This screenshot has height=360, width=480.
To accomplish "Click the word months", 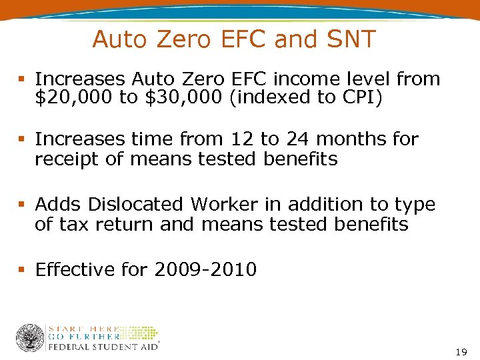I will (351, 139).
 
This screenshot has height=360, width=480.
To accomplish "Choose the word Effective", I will (75, 270).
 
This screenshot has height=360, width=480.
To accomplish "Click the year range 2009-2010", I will (205, 270).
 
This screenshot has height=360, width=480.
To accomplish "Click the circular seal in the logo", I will (30, 338).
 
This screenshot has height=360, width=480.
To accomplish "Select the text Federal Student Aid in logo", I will (102, 346).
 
